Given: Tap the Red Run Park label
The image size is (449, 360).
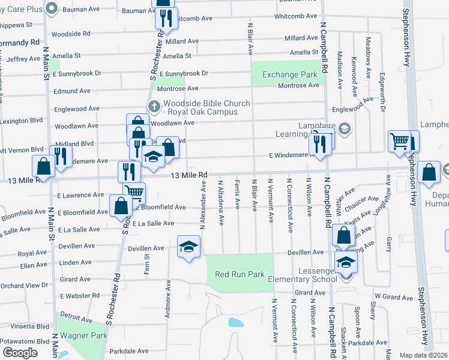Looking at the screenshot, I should pos(240,274).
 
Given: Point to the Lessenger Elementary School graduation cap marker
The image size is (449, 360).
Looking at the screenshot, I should pos(345,263).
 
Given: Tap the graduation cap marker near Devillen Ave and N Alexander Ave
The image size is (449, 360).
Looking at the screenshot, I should pos(188,247).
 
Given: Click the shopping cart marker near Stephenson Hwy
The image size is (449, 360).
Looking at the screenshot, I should pos(399,142).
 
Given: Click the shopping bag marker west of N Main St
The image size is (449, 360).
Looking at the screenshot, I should pos(44,167).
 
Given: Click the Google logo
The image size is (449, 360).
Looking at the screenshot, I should pos(20,353).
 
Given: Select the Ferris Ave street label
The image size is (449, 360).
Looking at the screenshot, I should pos(238,194).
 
